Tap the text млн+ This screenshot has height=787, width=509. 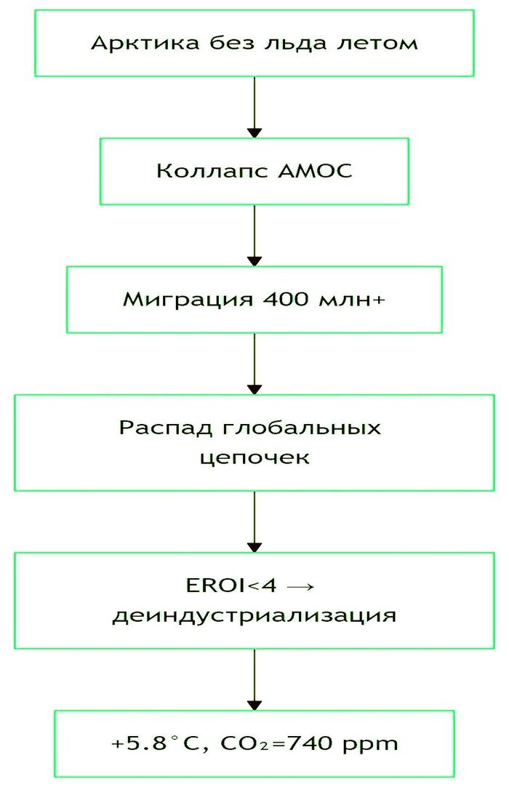[x=345, y=300]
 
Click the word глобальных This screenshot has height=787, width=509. [x=301, y=427]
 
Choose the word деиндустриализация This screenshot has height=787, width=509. [x=254, y=616]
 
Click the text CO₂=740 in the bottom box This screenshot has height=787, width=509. [x=264, y=744]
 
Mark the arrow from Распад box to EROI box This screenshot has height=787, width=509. [x=254, y=522]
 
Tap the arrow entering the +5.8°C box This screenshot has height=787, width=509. [x=254, y=679]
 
